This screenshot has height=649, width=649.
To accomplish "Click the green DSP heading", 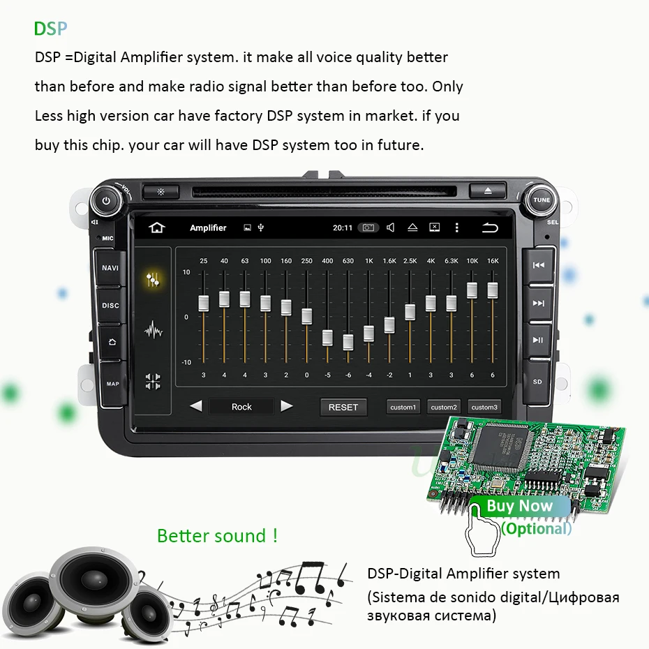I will click(51, 29).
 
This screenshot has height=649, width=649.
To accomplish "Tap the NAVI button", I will click(110, 268).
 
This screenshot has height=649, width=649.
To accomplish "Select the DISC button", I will click(110, 306).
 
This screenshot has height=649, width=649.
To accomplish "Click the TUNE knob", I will click(542, 200).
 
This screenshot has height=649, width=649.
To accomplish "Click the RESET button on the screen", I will click(343, 407).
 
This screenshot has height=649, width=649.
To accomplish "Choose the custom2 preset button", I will click(444, 407).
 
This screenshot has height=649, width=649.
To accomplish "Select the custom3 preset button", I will click(484, 407).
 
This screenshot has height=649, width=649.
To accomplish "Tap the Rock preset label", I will click(241, 407).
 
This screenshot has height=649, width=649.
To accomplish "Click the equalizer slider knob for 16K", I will click(493, 290).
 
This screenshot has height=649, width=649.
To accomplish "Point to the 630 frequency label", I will click(348, 261).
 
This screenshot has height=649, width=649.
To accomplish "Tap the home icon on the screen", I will click(157, 227).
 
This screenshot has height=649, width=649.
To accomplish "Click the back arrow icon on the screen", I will click(491, 227).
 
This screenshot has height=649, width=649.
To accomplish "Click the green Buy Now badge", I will click(519, 506).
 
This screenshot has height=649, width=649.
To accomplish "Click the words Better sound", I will click(217, 536).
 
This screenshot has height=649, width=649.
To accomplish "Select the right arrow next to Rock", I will click(286, 406).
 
